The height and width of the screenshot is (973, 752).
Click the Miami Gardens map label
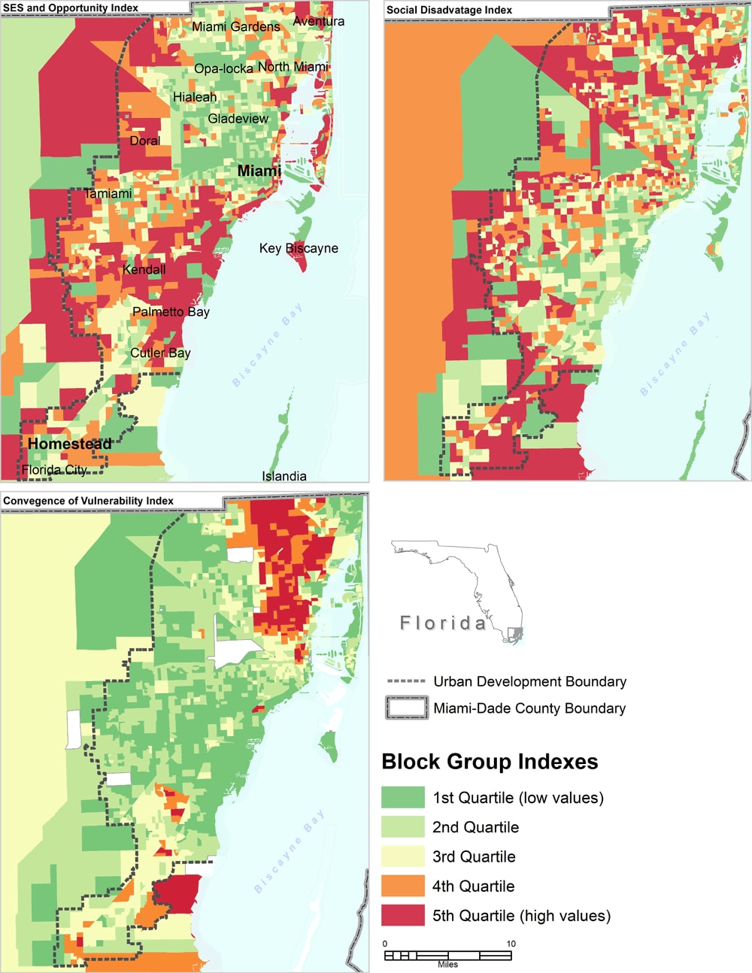tap(235, 27)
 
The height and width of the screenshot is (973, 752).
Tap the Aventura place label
tap(319, 21)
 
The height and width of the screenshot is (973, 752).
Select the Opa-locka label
tap(223, 68)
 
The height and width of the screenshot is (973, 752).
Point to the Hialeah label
tap(195, 97)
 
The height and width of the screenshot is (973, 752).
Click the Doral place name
tap(145, 141)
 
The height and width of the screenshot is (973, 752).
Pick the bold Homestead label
tap(70, 444)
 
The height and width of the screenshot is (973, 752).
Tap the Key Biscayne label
tap(299, 248)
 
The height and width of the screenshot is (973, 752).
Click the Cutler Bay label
tap(160, 353)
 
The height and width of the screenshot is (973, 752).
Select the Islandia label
tap(284, 476)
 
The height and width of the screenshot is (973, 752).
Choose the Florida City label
tap(54, 470)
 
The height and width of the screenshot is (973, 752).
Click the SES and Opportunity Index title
tap(71, 8)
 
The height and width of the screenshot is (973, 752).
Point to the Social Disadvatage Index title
tap(449, 10)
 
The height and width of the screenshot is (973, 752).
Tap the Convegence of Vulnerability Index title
tap(88, 501)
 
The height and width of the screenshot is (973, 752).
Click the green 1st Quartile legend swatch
tap(403, 798)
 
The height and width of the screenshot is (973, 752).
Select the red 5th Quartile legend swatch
tap(403, 916)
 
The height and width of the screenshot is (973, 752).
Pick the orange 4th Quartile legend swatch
tap(403, 887)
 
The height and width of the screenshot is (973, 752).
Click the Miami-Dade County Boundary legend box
tap(407, 708)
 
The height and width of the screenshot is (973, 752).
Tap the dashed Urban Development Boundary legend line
tap(406, 681)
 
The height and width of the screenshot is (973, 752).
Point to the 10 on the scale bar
tap(511, 944)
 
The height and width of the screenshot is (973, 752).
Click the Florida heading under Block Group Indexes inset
tap(443, 623)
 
